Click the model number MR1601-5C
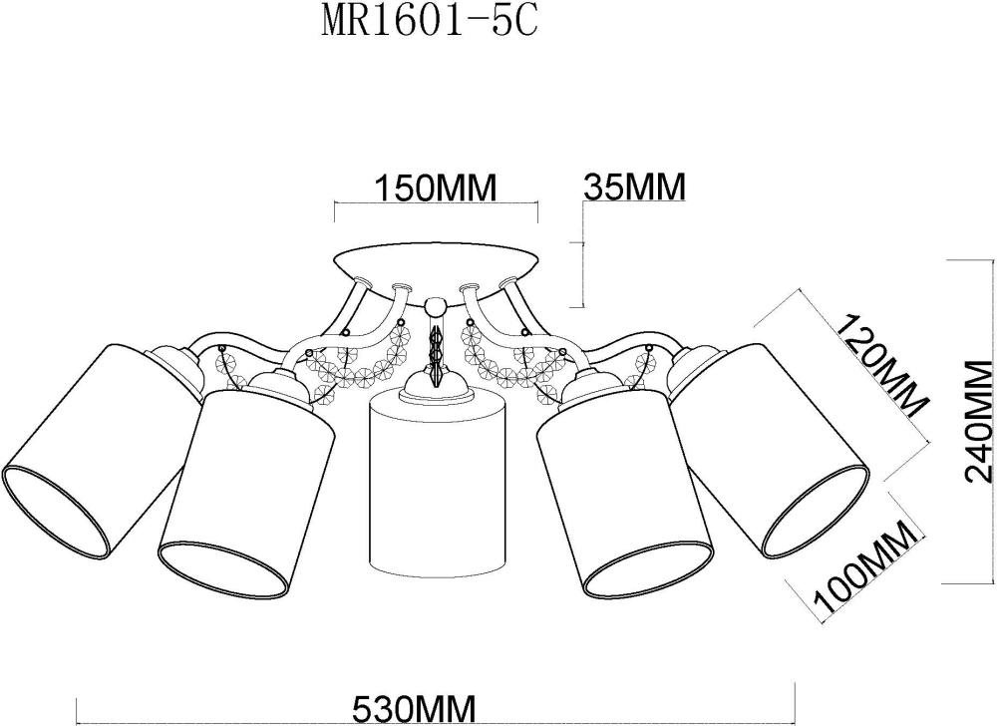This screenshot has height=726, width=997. point(429,22)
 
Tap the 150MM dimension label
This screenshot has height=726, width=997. point(435,188)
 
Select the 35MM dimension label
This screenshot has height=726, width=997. point(634,186)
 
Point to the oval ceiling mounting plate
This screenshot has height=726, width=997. point(436,261)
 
